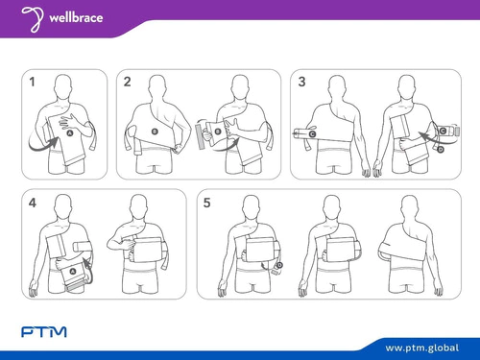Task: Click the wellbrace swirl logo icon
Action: [x=33, y=19]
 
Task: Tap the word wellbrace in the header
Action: [x=76, y=17]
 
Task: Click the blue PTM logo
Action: [x=44, y=332]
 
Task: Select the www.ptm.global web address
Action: [x=422, y=348]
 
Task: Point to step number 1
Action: [x=32, y=82]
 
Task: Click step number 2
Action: [x=127, y=82]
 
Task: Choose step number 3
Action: [x=301, y=82]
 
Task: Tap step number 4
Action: [x=33, y=203]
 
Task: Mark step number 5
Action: [x=206, y=203]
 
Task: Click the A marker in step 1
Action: [x=70, y=133]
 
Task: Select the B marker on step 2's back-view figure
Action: [x=155, y=132]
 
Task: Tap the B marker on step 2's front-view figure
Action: [x=218, y=132]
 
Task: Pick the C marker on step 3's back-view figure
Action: [x=312, y=134]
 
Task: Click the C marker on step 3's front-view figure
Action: [x=443, y=131]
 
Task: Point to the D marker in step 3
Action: [x=441, y=149]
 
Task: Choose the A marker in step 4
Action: [x=73, y=272]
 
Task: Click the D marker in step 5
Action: [x=279, y=265]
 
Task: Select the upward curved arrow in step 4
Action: [x=89, y=272]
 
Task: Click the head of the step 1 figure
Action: [x=63, y=85]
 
